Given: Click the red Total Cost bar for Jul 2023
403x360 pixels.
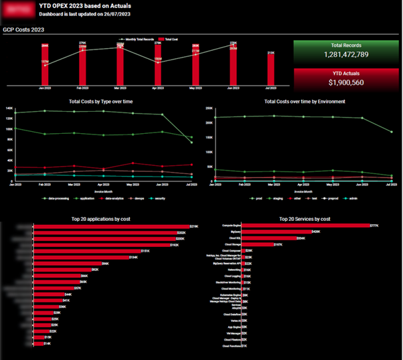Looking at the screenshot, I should pyautogui.click(x=271, y=69).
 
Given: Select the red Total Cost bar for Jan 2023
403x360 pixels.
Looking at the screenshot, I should pyautogui.click(x=45, y=66).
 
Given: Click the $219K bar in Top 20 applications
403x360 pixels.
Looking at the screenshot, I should pyautogui.click(x=111, y=227).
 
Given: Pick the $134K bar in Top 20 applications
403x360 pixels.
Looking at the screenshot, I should pyautogui.click(x=81, y=257).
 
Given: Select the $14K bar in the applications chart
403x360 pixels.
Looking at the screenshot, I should pyautogui.click(x=37, y=344).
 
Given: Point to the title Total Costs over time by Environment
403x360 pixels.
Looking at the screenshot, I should pyautogui.click(x=305, y=101).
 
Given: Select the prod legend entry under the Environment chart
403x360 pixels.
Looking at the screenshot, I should pyautogui.click(x=236, y=199).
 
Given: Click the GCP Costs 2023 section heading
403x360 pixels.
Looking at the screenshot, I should pyautogui.click(x=23, y=29).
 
